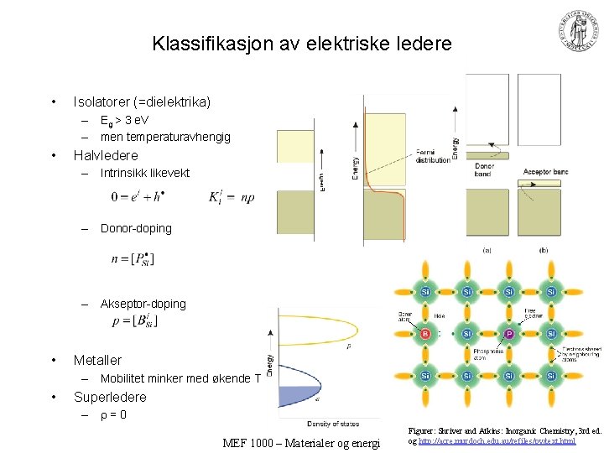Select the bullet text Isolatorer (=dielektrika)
pyautogui.click(x=142, y=102)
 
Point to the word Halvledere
pyautogui.click(x=106, y=155)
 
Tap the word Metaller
pyautogui.click(x=97, y=360)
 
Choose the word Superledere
pyautogui.click(x=110, y=397)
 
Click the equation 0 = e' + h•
pyautogui.click(x=138, y=197)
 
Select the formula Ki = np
pyautogui.click(x=231, y=197)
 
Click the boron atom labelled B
pyautogui.click(x=425, y=333)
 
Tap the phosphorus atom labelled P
pyautogui.click(x=508, y=333)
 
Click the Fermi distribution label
pyautogui.click(x=433, y=155)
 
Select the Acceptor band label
pyautogui.click(x=545, y=172)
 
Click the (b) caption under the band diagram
pyautogui.click(x=544, y=249)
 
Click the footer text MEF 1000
pyautogui.click(x=252, y=442)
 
